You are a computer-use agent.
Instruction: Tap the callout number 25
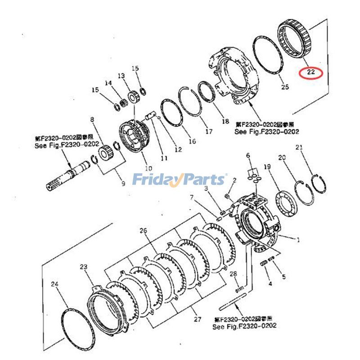284,87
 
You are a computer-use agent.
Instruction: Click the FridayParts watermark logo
180,180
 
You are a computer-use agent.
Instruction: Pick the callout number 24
55,284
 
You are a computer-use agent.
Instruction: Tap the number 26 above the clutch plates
143,231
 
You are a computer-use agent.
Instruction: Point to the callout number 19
267,167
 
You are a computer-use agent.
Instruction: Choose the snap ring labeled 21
319,184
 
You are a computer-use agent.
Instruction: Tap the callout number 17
208,132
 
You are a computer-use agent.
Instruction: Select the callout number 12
178,149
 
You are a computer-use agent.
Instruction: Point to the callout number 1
298,240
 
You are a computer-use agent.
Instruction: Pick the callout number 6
247,156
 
